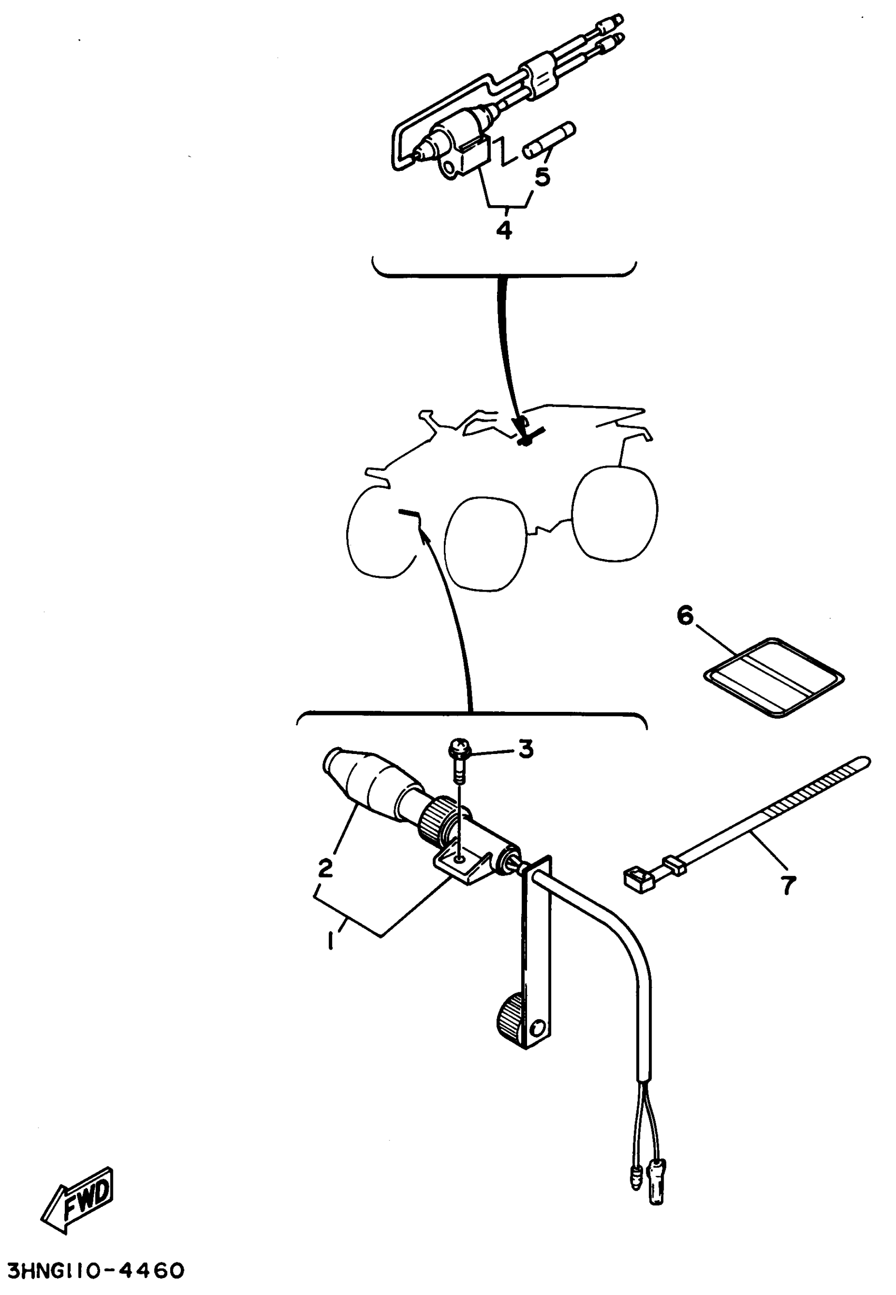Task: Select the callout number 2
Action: pos(325,868)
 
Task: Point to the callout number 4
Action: pos(504,230)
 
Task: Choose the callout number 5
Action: pos(542,176)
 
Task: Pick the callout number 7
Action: pos(789,886)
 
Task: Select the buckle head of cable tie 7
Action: pos(639,878)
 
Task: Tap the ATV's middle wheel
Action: pos(486,543)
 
